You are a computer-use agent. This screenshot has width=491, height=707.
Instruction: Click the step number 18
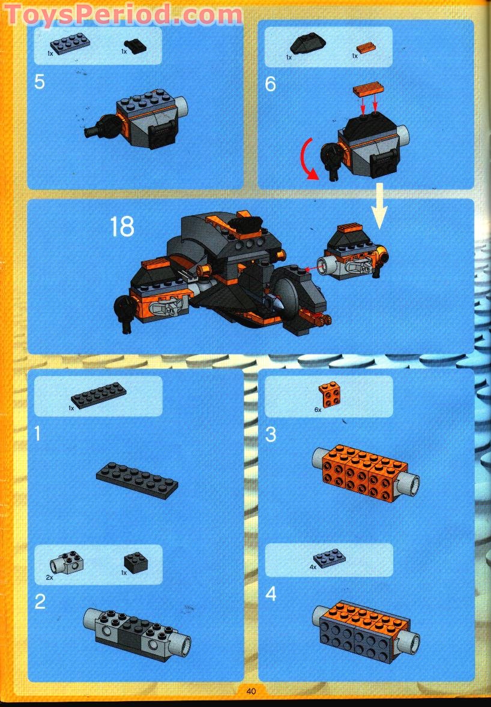[x=121, y=227]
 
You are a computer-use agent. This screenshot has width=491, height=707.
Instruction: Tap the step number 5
[x=40, y=82]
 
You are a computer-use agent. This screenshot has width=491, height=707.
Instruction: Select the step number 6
[x=271, y=83]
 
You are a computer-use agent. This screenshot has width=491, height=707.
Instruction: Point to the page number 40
[x=251, y=691]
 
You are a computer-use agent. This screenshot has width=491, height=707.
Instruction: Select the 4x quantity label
[x=313, y=567]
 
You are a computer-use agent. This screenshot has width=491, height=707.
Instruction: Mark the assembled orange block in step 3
[x=361, y=474]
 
